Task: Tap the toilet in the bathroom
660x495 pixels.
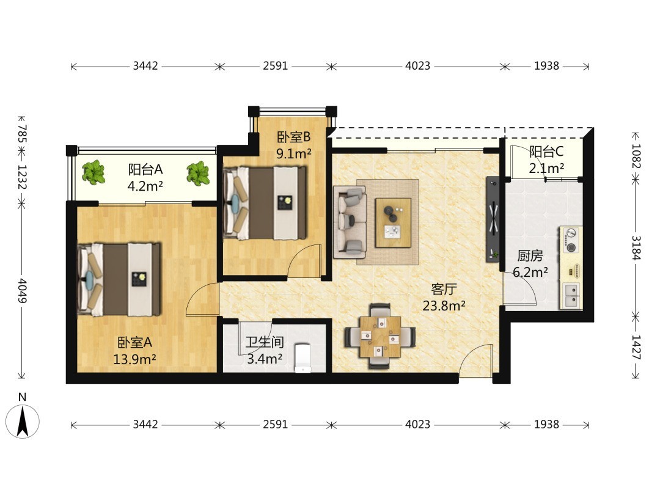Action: (302, 358)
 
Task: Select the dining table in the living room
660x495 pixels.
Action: (380, 336)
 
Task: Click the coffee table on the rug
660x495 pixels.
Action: (393, 222)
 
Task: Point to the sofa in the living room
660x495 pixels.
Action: (350, 222)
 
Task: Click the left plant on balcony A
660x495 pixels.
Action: (94, 172)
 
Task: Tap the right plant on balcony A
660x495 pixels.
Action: (198, 173)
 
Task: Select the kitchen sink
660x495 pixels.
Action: (571, 295)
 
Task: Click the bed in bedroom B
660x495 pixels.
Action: (265, 203)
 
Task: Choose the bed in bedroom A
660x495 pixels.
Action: (119, 279)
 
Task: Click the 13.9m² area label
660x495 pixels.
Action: (134, 359)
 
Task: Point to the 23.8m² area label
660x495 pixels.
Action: (444, 306)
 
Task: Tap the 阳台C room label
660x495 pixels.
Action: (546, 152)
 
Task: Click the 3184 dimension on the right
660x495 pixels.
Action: (636, 248)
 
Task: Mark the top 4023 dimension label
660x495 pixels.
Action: (417, 65)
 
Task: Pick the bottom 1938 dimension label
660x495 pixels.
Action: (546, 424)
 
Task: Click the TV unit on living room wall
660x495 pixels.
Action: (493, 219)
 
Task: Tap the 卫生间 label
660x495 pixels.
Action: (265, 342)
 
